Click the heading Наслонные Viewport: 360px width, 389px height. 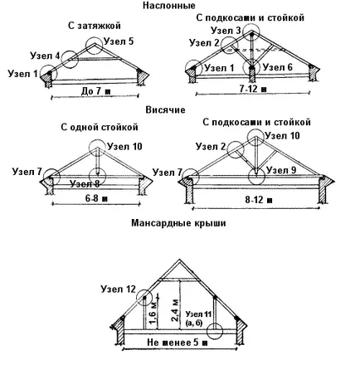169,6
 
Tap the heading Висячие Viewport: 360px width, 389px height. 165,109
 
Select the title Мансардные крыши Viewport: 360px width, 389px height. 178,223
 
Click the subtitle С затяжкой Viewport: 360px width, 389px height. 95,26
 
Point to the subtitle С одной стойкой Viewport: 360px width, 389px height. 100,127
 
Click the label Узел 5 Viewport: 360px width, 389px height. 119,41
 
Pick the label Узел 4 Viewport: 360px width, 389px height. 45,56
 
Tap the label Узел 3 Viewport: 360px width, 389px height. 226,31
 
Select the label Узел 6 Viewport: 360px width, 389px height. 277,67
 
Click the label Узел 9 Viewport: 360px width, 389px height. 281,170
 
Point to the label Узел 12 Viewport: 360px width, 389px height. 119,289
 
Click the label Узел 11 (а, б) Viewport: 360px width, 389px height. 198,318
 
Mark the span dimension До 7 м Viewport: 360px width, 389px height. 95,91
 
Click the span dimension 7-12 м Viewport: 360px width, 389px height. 253,89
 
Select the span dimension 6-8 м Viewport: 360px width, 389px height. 96,198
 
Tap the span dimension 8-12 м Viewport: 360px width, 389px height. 259,199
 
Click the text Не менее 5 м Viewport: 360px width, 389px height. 177,343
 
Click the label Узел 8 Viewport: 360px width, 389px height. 85,184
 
